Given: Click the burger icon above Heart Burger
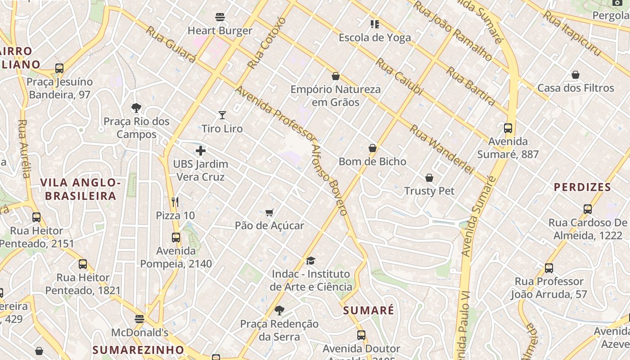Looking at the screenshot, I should pos(220,18).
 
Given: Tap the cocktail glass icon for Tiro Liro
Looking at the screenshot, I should pos(222,115).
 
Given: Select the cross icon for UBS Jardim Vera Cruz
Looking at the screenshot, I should pos(201,151).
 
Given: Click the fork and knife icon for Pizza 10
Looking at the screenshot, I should pos(175,202).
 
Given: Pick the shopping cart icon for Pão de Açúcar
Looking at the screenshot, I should pos(269,212).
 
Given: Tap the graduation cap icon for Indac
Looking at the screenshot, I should pos(310,261).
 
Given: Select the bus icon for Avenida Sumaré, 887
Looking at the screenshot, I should pos(508,128).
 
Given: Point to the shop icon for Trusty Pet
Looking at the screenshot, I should pos(429,178).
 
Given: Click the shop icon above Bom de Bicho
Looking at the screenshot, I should pos(373,148).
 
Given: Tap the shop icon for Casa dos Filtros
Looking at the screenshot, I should pos(575,75).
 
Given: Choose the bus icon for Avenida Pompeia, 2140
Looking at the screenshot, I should pos(176,238).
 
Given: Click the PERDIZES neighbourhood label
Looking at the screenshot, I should pos(582,187).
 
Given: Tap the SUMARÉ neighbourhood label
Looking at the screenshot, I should pos(369,310).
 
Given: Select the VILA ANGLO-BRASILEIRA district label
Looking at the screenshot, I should pos(81,189).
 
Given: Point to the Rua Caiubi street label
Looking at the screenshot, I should pos(400,76).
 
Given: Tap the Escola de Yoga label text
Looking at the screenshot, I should pos(375,37).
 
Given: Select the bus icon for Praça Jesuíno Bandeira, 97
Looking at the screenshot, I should pos(59,68).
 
